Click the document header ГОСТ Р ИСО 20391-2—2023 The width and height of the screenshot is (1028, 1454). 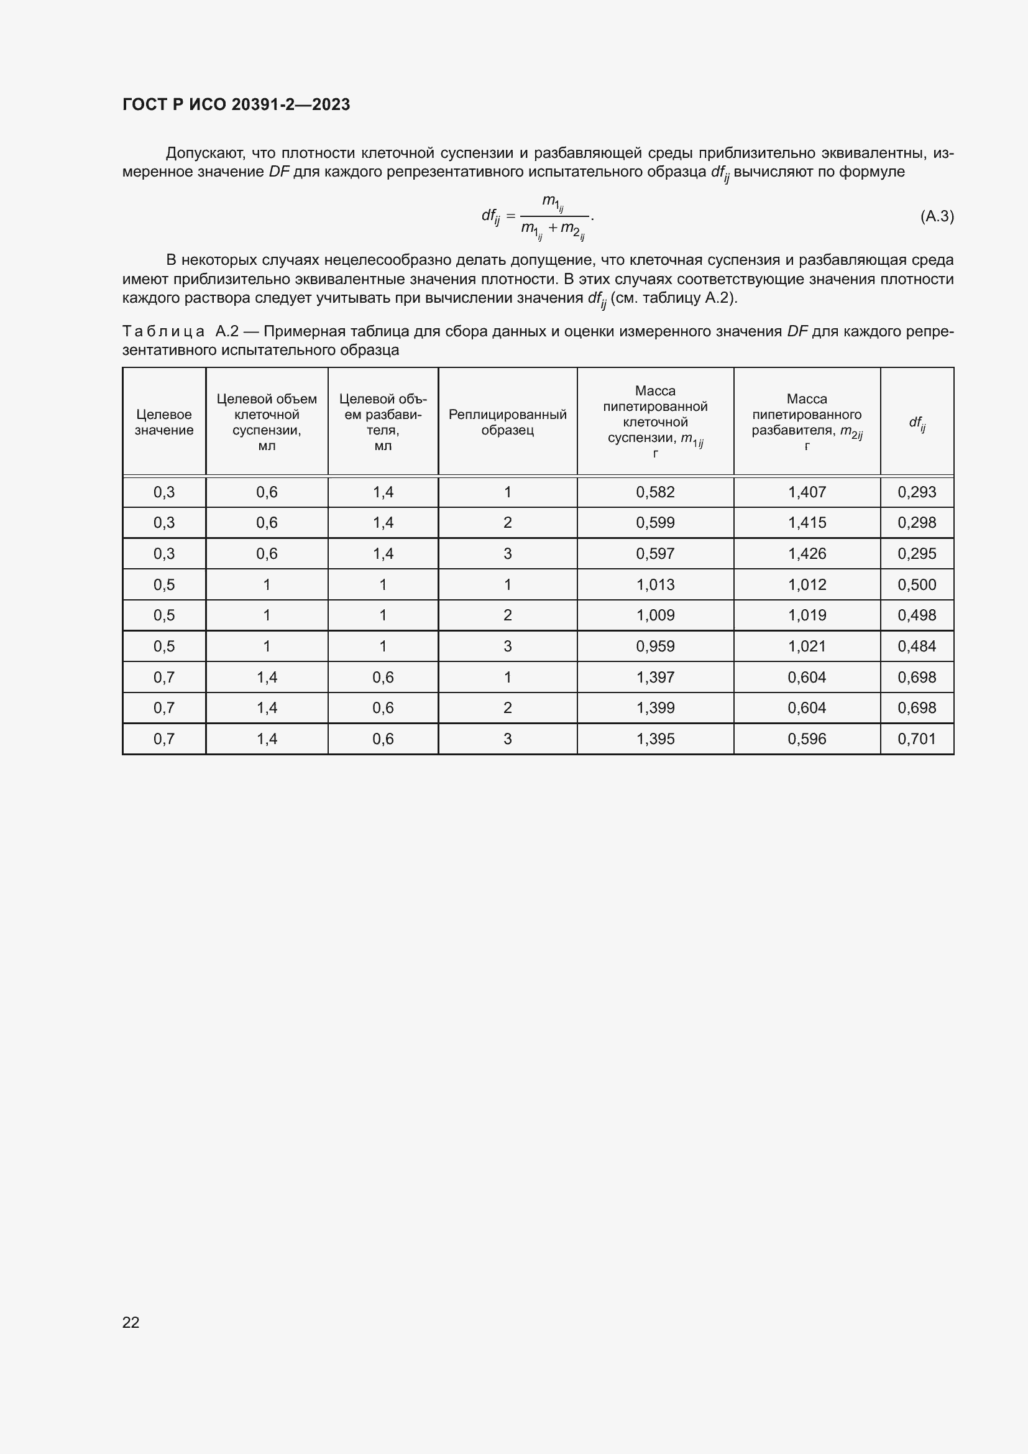[x=236, y=104]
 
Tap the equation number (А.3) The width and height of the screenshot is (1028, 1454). [x=936, y=216]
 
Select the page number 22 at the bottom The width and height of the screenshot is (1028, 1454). [x=131, y=1322]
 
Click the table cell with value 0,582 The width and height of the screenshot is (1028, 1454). [x=655, y=492]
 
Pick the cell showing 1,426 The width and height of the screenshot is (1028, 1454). [x=807, y=553]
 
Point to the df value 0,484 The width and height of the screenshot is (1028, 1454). [x=916, y=646]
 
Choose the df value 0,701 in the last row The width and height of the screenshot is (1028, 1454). [x=916, y=739]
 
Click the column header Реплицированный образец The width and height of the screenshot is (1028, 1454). [x=507, y=421]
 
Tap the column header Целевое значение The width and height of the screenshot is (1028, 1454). [x=164, y=421]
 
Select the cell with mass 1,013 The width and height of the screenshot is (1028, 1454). [x=655, y=584]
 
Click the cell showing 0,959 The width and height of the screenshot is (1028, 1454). [x=655, y=646]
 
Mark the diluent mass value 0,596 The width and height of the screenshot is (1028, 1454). [x=807, y=739]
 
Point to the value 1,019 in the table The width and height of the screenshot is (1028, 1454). [x=807, y=615]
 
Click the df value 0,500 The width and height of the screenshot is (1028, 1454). [x=916, y=584]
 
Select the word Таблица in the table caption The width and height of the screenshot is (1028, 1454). [x=163, y=331]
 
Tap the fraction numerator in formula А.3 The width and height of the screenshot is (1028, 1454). [x=552, y=203]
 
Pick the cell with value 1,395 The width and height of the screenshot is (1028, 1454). [x=655, y=739]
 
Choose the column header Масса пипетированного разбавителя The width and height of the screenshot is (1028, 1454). [x=807, y=421]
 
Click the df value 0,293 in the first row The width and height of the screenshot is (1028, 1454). [x=916, y=492]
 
